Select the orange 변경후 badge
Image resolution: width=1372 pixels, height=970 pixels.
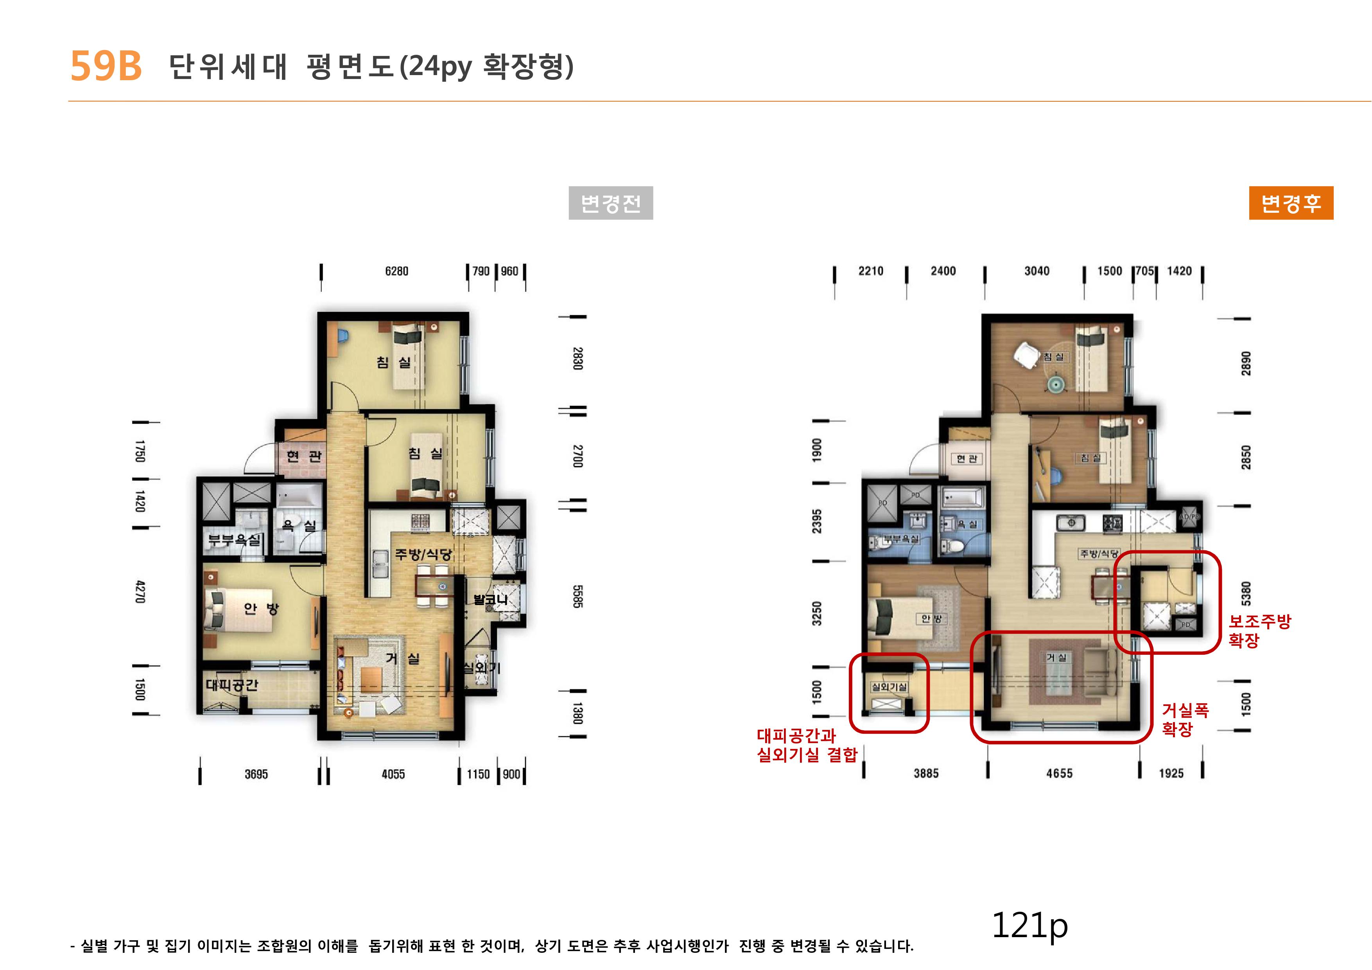click(x=1291, y=203)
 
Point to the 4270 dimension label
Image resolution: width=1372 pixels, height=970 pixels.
click(x=140, y=592)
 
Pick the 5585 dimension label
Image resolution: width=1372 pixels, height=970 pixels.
click(x=577, y=596)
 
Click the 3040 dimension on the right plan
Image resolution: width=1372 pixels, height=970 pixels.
click(x=1037, y=271)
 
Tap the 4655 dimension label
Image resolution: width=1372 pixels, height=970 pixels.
click(x=1060, y=773)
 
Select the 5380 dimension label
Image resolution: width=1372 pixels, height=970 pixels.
click(x=1246, y=593)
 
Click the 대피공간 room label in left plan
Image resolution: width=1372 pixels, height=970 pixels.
click(x=232, y=685)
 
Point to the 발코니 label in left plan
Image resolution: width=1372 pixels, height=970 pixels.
click(x=490, y=599)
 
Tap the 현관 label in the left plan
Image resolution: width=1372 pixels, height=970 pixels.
click(x=304, y=456)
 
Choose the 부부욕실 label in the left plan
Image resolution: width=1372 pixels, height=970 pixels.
click(x=234, y=540)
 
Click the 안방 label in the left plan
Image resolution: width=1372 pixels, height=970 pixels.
click(x=261, y=609)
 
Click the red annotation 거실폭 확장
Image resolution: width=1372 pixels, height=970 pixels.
click(x=1185, y=720)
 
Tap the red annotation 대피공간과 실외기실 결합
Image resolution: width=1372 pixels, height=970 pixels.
click(x=807, y=745)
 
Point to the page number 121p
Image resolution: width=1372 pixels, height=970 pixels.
click(x=1029, y=926)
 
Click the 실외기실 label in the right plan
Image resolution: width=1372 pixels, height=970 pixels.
click(x=889, y=687)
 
